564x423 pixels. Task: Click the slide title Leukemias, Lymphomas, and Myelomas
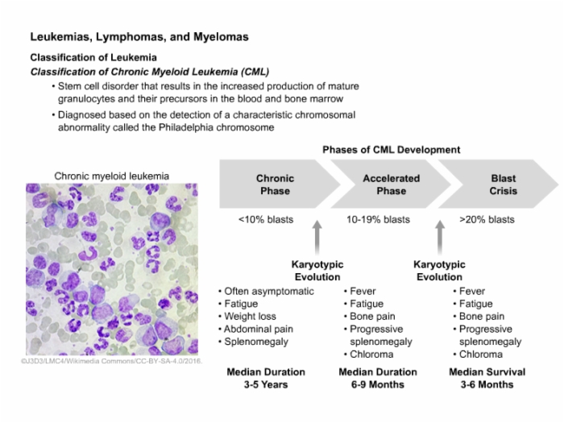[139, 37]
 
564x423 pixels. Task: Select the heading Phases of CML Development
[391, 150]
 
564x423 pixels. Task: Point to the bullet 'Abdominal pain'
[259, 330]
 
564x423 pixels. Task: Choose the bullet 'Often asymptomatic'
[269, 291]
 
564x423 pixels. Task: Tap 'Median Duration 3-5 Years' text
[266, 378]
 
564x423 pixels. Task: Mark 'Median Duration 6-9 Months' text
[378, 378]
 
